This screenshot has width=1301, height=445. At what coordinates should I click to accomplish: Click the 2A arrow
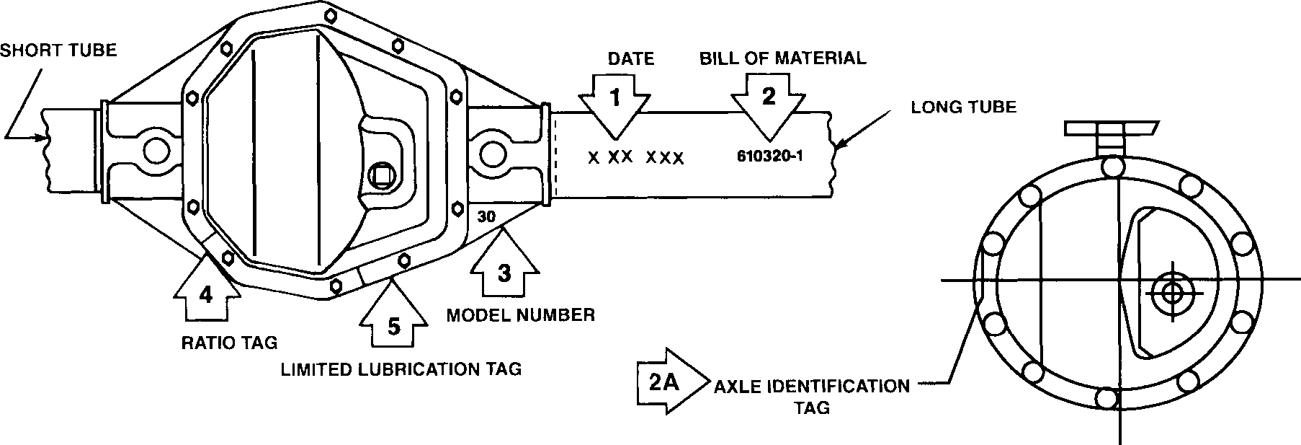[x=663, y=382]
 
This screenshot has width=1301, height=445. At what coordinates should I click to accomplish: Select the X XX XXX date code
[x=635, y=157]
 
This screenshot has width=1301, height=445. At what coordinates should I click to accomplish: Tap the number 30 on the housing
[x=486, y=215]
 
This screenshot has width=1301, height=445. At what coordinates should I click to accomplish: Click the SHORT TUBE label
[x=58, y=50]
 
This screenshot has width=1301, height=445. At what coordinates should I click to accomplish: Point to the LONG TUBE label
[x=964, y=107]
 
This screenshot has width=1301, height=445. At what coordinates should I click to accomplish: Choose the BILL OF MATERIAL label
[x=782, y=58]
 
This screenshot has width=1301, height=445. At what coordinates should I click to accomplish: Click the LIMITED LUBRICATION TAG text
[x=401, y=369]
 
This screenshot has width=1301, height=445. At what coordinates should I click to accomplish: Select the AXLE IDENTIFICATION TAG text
[x=812, y=396]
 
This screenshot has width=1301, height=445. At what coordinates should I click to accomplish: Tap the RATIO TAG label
[x=229, y=342]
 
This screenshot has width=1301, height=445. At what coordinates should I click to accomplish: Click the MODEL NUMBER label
[x=521, y=315]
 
